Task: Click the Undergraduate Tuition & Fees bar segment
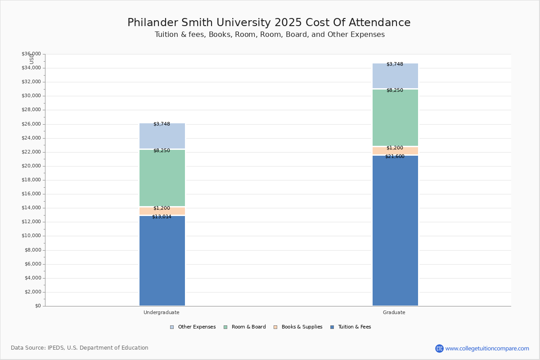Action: click(x=162, y=261)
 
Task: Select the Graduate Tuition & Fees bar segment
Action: click(x=396, y=230)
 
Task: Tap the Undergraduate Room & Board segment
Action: click(x=162, y=178)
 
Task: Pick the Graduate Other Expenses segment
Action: click(x=396, y=76)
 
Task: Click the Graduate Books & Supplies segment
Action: click(x=396, y=151)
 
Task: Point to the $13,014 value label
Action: click(x=162, y=216)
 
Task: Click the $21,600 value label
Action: click(x=395, y=156)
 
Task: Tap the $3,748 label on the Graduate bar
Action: click(x=395, y=64)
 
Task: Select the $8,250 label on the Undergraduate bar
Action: click(x=162, y=150)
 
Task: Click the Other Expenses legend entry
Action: click(x=193, y=327)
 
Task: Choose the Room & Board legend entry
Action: click(x=245, y=327)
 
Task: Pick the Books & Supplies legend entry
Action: click(x=298, y=327)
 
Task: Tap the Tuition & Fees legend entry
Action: click(x=351, y=327)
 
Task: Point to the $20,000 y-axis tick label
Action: click(x=31, y=166)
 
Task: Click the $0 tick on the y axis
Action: click(x=38, y=306)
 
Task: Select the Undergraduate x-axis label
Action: click(x=162, y=312)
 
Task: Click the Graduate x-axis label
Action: click(x=394, y=312)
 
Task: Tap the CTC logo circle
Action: click(x=439, y=348)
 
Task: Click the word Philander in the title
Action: click(x=153, y=22)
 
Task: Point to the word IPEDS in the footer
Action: click(x=56, y=348)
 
